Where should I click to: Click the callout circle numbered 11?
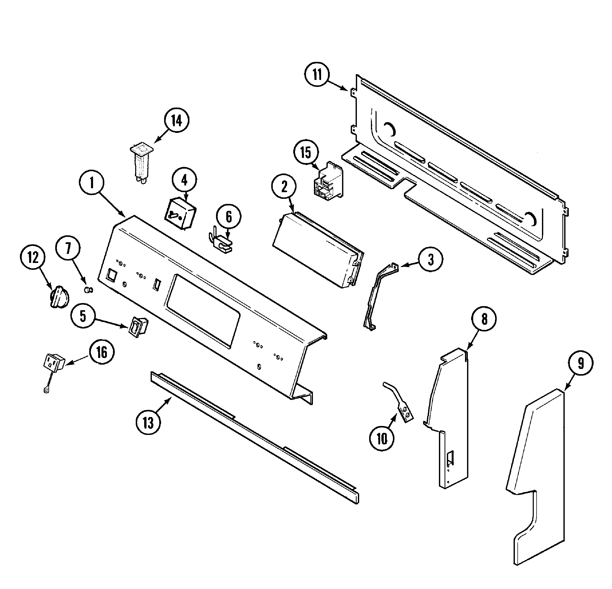(x=317, y=75)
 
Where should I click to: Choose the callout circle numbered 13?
(x=148, y=423)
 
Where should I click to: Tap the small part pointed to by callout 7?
(x=89, y=290)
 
